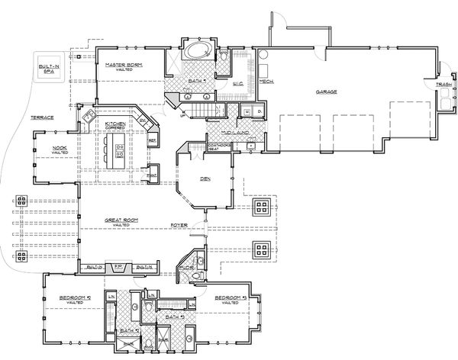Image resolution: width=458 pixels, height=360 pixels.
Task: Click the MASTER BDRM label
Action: pyautogui.click(x=124, y=66)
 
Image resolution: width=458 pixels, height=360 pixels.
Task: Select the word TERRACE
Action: pyautogui.click(x=41, y=118)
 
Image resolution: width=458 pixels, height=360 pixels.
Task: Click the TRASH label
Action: pyautogui.click(x=442, y=84)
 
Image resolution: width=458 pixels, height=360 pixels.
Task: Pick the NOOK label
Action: pyautogui.click(x=60, y=149)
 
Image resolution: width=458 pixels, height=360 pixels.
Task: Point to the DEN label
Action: pyautogui.click(x=205, y=180)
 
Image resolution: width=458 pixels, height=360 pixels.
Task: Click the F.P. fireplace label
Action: pyautogui.click(x=118, y=267)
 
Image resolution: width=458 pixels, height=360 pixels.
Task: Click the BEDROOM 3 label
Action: pyautogui.click(x=228, y=298)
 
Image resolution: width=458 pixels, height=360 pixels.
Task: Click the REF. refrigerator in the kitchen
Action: pyautogui.click(x=152, y=141)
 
